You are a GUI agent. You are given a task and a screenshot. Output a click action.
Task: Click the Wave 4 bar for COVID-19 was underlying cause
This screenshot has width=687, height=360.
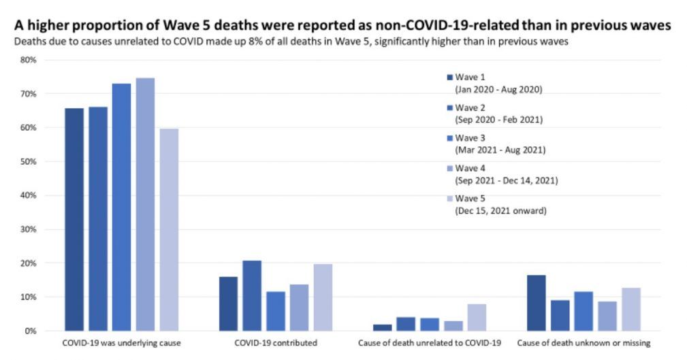point(145,204)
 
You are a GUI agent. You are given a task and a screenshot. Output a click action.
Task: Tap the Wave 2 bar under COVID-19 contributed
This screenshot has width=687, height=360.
point(251,295)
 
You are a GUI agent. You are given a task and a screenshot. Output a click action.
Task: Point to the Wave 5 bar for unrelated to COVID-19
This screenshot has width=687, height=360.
point(477,317)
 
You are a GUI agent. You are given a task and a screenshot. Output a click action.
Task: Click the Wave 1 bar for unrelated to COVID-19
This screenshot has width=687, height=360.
point(382,327)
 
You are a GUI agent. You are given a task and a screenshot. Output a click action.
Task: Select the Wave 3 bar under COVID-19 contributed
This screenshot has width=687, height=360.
point(275,311)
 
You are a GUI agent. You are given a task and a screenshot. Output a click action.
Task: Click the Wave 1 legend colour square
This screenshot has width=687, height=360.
point(449,78)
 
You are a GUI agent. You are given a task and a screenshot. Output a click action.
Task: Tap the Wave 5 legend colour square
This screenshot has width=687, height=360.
point(449,199)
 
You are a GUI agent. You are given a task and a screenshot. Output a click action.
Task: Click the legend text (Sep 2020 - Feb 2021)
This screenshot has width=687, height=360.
point(498,120)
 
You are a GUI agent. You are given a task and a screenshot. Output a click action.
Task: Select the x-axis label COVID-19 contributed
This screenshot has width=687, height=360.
point(275,343)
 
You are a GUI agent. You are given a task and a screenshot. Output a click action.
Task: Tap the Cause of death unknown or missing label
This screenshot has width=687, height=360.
point(584,343)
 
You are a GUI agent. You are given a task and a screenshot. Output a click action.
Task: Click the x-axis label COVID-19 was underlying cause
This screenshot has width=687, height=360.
point(121,343)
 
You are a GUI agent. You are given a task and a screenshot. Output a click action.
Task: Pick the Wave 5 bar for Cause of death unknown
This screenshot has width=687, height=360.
point(631,309)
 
